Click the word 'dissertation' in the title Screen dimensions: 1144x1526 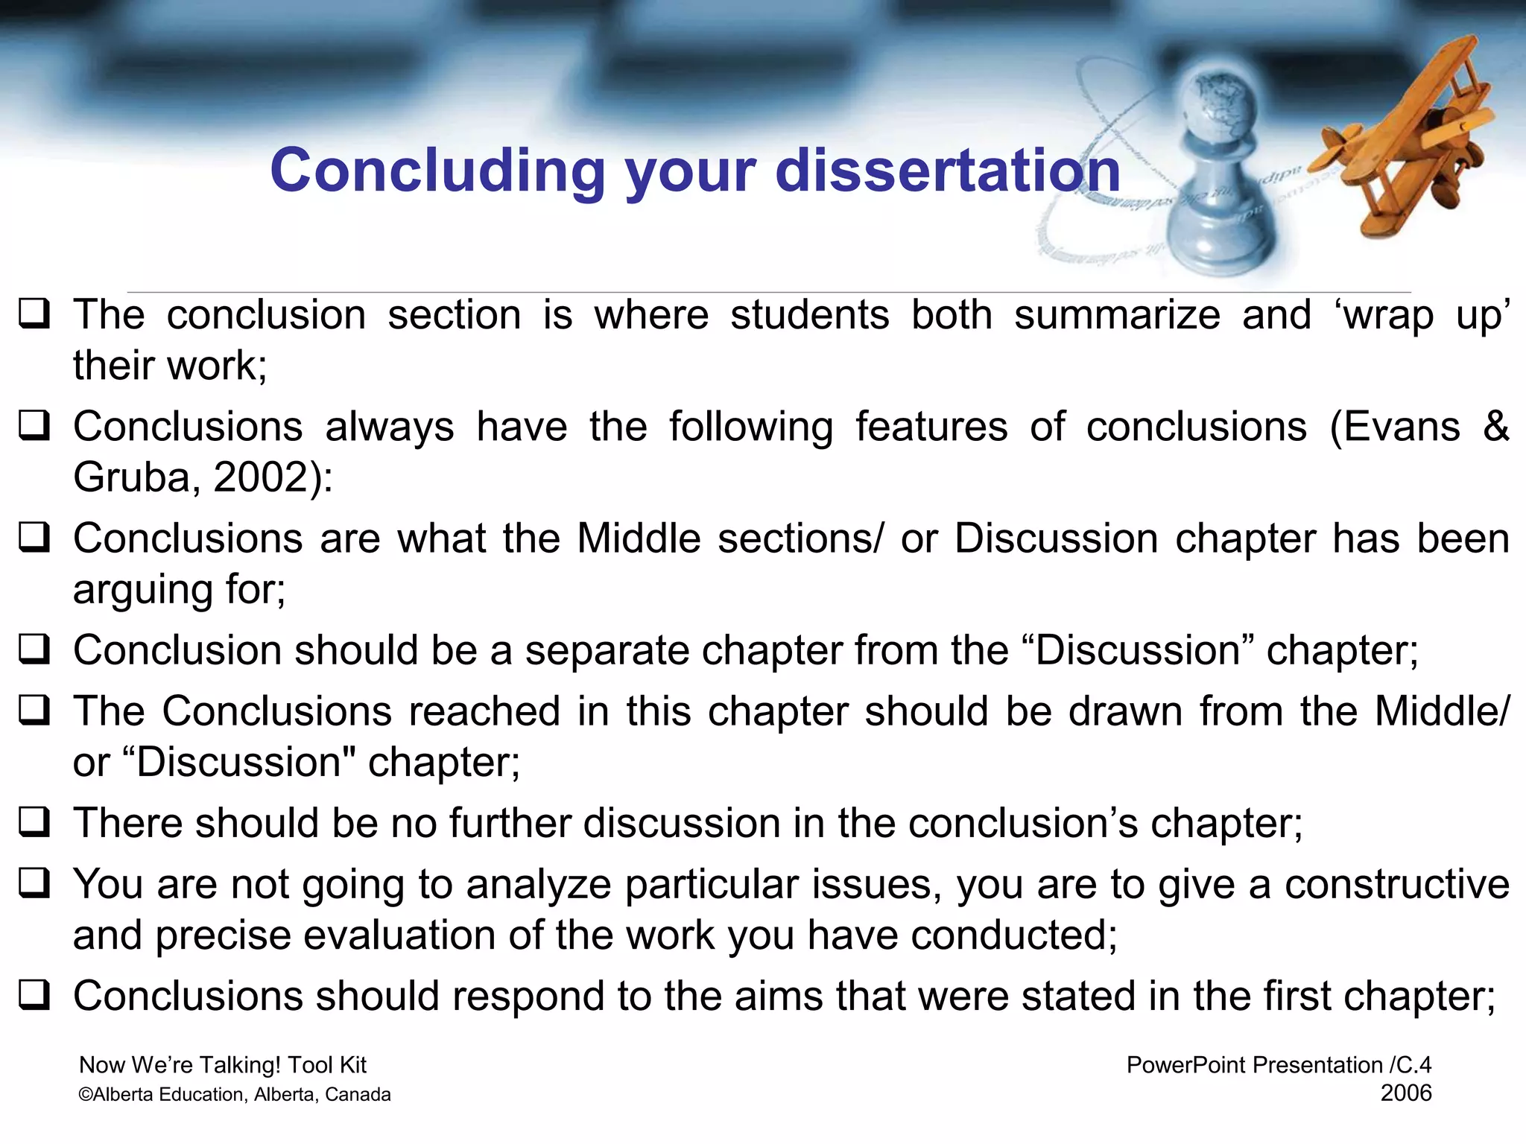[948, 171]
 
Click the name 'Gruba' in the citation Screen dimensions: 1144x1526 [131, 477]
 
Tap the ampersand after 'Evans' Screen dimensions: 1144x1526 [1495, 428]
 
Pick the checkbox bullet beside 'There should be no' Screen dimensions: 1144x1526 [34, 822]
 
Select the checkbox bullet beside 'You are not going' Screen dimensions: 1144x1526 [34, 883]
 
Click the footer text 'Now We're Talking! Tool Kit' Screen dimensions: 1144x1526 [223, 1065]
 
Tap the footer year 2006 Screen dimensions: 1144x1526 [1405, 1093]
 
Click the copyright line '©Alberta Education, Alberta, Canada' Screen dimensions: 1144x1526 [235, 1094]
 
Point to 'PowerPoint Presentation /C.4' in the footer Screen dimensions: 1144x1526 [1279, 1065]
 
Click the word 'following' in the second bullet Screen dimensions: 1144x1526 [750, 428]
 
